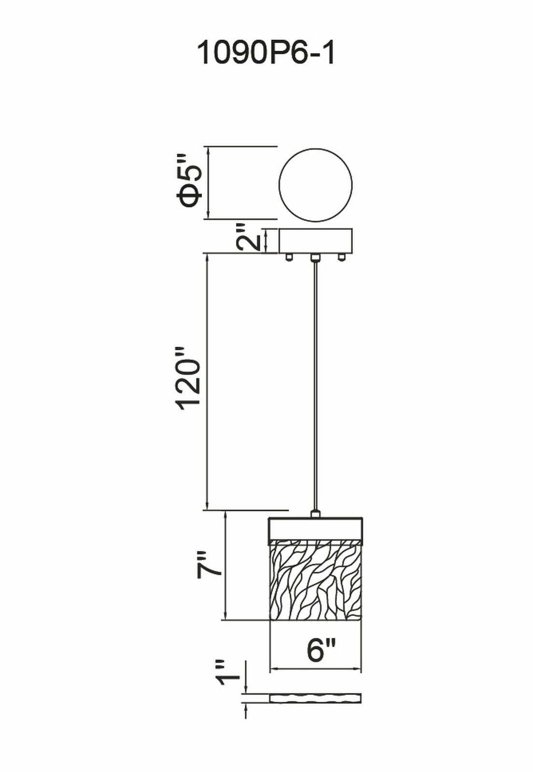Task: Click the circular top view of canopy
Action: pos(315,185)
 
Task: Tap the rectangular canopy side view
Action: pos(315,241)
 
